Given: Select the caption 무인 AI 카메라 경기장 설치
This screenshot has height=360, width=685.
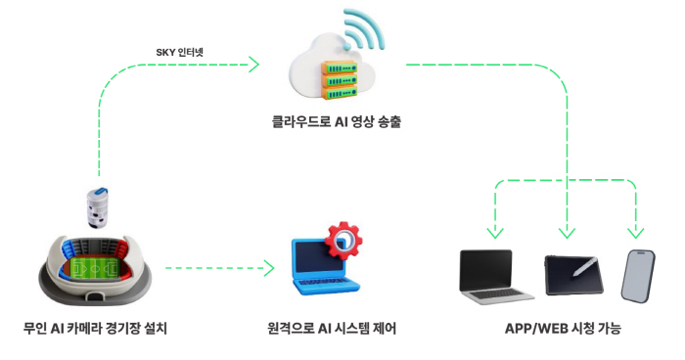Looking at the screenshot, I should (x=95, y=329).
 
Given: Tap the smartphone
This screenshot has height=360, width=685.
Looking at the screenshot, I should (x=637, y=276).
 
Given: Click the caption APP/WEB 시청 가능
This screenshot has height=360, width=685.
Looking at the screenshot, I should (x=564, y=329).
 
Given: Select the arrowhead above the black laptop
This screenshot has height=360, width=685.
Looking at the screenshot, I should (x=495, y=233).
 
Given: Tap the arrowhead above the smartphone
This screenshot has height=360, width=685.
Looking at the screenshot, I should (x=635, y=233).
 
